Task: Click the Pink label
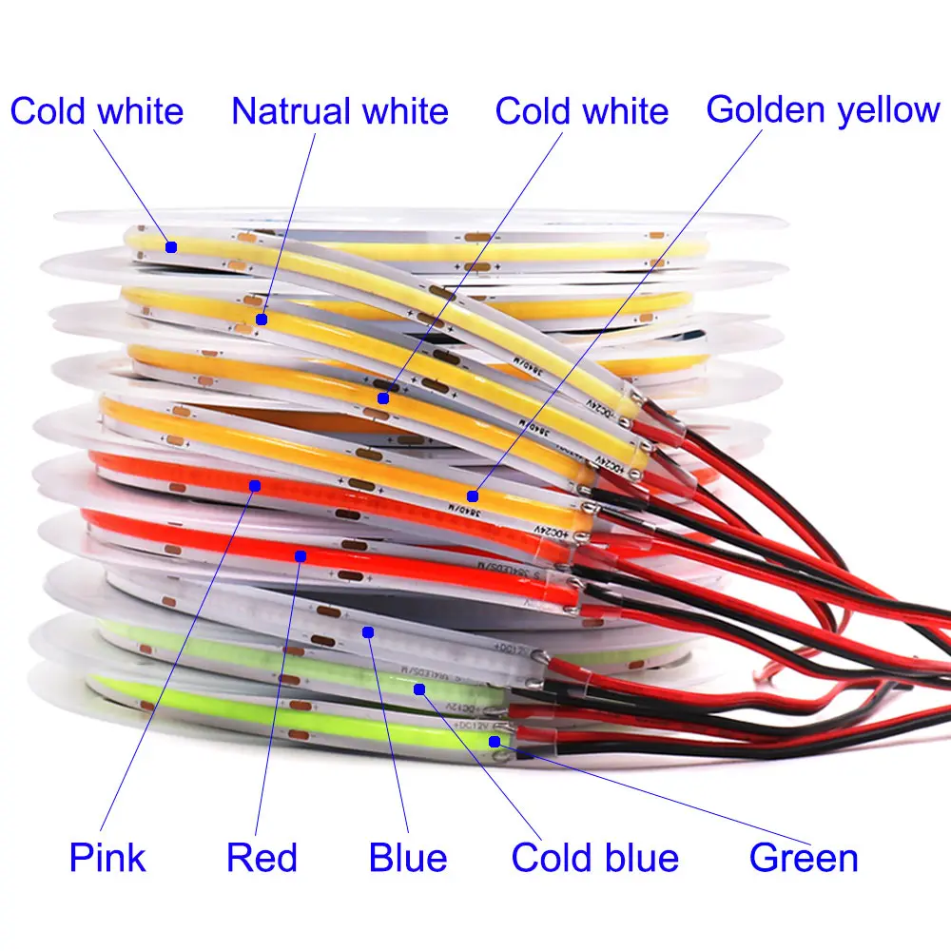click(x=107, y=857)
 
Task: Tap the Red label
click(x=262, y=857)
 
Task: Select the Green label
click(x=804, y=857)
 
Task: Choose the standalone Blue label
click(x=408, y=857)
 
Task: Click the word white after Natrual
click(x=404, y=111)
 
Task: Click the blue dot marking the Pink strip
click(x=255, y=486)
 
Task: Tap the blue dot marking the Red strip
click(x=300, y=554)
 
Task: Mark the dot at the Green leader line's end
click(x=495, y=741)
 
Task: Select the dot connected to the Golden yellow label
click(x=473, y=495)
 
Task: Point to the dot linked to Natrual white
click(x=261, y=320)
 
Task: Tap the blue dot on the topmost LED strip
click(x=171, y=246)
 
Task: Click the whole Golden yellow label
click(x=823, y=109)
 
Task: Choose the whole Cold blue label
click(x=595, y=857)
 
